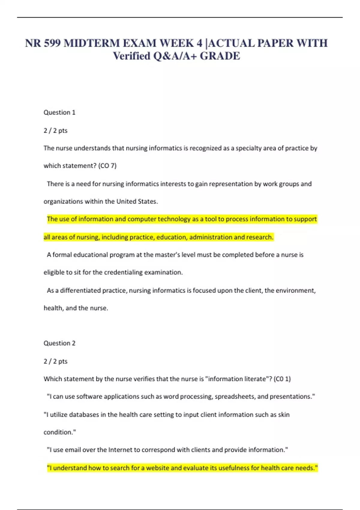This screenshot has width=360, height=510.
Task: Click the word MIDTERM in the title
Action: point(92,43)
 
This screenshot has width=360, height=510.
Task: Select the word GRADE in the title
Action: point(220,56)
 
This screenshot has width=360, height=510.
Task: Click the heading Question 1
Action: point(59,112)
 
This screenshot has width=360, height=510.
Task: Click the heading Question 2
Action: point(59,343)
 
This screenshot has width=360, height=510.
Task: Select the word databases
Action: point(83,415)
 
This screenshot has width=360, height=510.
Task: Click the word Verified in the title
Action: point(131,56)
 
